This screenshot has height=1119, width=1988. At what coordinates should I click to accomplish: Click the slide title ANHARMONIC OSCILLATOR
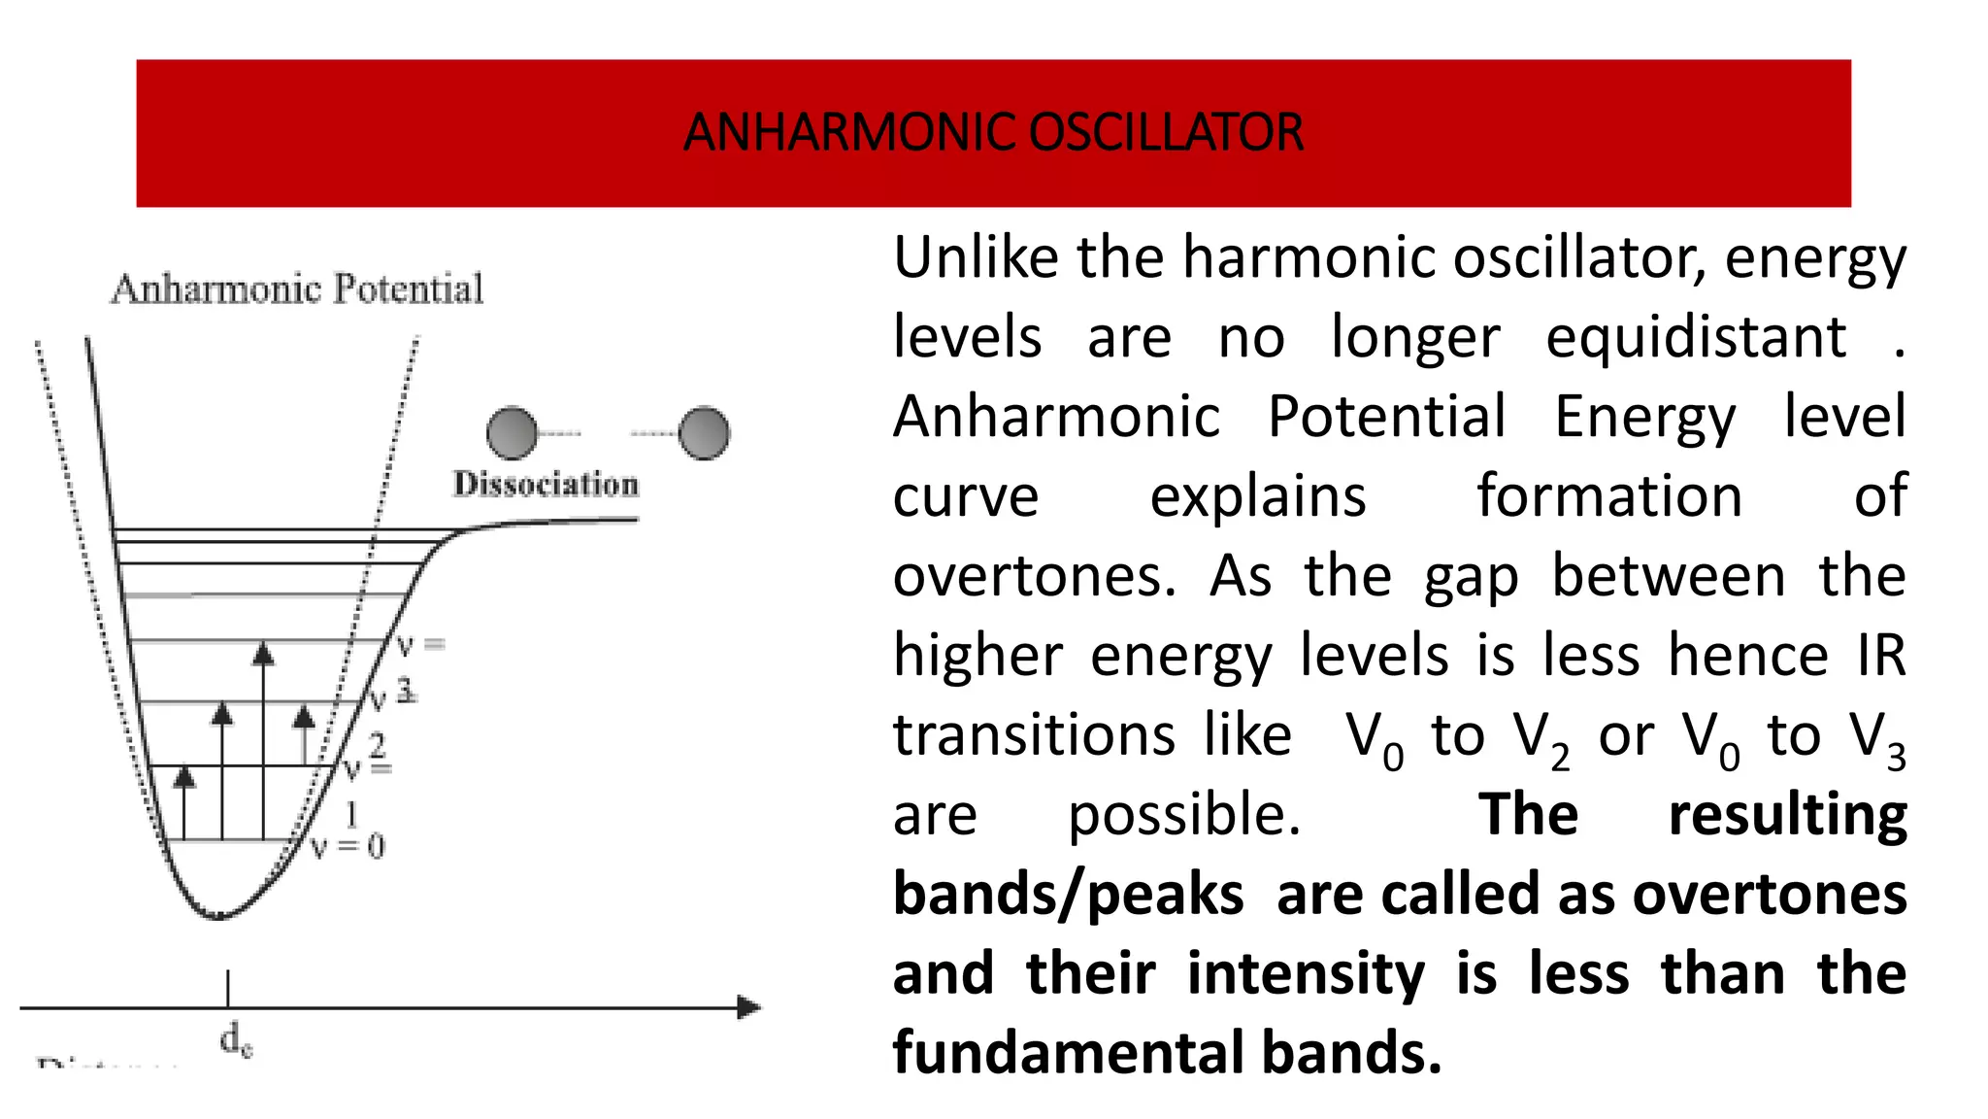(993, 133)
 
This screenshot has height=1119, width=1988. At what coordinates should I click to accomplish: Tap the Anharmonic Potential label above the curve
(297, 289)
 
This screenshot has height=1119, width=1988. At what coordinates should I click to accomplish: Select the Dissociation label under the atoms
(546, 484)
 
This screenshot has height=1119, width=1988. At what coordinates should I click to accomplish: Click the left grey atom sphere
(512, 433)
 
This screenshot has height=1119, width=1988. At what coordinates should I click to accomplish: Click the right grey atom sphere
(704, 433)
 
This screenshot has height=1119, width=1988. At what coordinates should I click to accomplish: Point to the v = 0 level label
(348, 846)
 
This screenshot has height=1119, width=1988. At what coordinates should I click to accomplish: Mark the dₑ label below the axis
(236, 1039)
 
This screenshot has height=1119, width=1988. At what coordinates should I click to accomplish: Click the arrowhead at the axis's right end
(749, 1007)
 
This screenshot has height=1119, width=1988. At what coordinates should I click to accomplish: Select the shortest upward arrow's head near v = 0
(183, 775)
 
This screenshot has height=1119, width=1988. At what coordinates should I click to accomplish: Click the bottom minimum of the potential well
(219, 915)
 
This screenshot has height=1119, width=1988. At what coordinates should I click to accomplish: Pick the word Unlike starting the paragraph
(975, 258)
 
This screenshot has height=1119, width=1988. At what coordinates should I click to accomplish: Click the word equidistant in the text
(1695, 338)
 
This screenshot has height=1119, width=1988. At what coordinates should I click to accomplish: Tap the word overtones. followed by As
(1034, 577)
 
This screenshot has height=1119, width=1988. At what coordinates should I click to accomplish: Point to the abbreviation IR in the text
(1881, 657)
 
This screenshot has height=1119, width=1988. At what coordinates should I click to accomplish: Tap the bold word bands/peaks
(1068, 896)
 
